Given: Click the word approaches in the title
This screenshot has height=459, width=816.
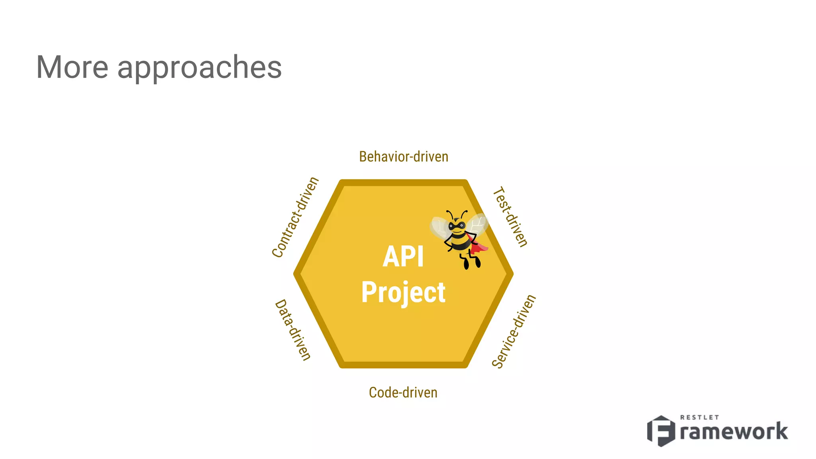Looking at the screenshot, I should pos(199,68).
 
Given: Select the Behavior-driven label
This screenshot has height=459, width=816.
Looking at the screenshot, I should pos(404,157).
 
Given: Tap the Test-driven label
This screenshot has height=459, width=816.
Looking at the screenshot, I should pos(510,217).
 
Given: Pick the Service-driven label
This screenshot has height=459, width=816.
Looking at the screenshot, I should pos(514,331).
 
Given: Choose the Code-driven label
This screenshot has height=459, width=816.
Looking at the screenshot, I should pos(403,392).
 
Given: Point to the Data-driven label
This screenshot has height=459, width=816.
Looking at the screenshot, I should pos(293,330).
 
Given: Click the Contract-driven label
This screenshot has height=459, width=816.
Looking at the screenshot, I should pos(295,217).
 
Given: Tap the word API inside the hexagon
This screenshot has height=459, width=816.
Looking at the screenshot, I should pos(403,257).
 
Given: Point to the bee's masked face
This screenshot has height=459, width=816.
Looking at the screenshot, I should pos(457,226).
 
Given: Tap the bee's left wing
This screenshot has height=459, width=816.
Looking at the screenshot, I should pos(440,228).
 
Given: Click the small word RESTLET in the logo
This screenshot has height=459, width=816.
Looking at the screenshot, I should pos(699,417).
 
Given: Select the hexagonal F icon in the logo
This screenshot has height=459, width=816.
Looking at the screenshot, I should pos(661,431).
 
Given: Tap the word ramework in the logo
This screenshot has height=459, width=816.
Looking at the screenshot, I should pos(734,432).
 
